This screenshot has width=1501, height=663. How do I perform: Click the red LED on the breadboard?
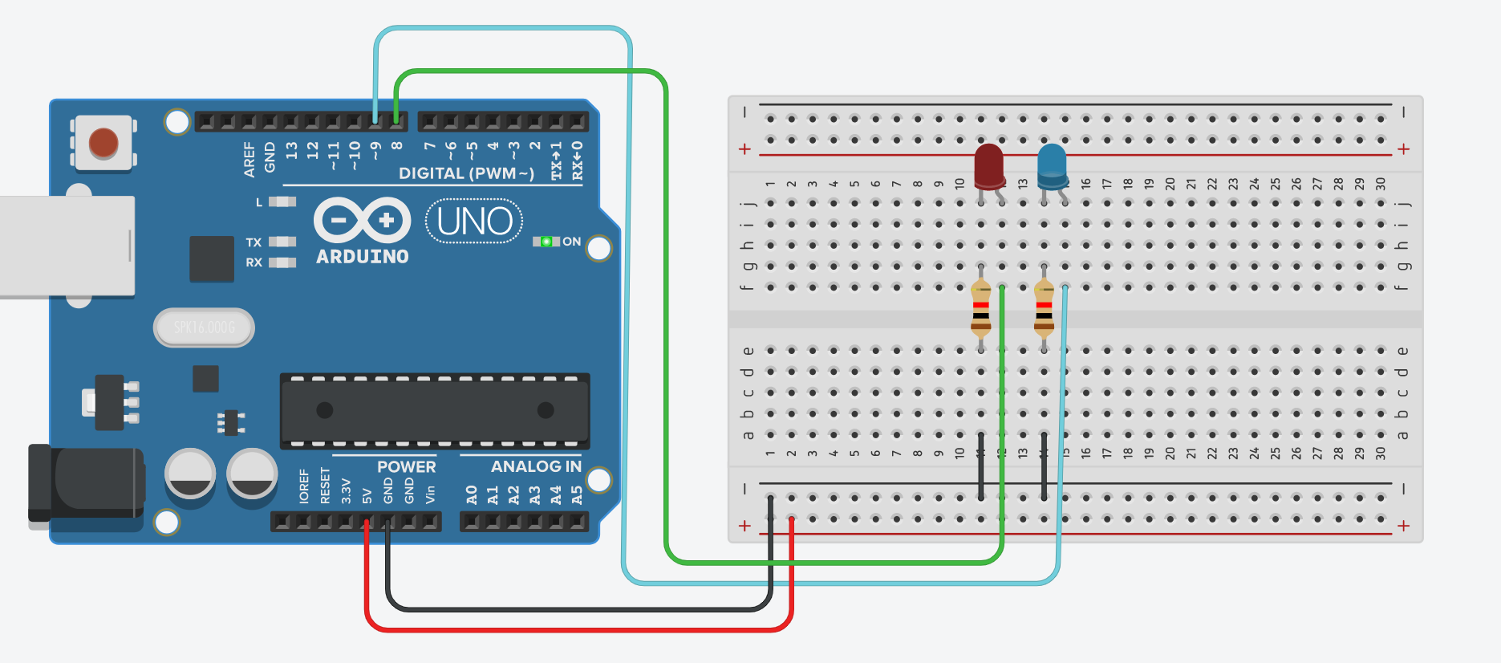pos(988,166)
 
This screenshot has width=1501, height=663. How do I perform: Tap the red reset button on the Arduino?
pos(103,144)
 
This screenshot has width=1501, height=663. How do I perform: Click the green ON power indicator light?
pos(546,242)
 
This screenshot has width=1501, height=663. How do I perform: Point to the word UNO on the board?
pos(474,222)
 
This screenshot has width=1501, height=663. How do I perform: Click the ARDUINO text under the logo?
pos(363,257)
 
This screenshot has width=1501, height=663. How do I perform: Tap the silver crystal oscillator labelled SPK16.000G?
pos(204,327)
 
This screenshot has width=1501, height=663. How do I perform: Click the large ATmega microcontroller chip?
pos(434,411)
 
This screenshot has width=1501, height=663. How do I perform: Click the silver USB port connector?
pos(64,246)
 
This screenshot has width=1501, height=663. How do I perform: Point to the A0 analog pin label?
pos(471,495)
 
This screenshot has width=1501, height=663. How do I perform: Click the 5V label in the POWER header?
pos(367,495)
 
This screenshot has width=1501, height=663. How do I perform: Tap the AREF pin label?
pos(249,159)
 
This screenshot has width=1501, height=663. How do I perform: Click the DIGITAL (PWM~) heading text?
pos(466,173)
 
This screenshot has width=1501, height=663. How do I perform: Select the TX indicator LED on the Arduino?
pos(282,242)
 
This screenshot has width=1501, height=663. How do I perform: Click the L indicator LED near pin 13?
pos(282,201)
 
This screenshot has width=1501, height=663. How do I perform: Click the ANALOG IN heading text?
pos(535,466)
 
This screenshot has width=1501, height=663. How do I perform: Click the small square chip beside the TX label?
pos(212,258)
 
